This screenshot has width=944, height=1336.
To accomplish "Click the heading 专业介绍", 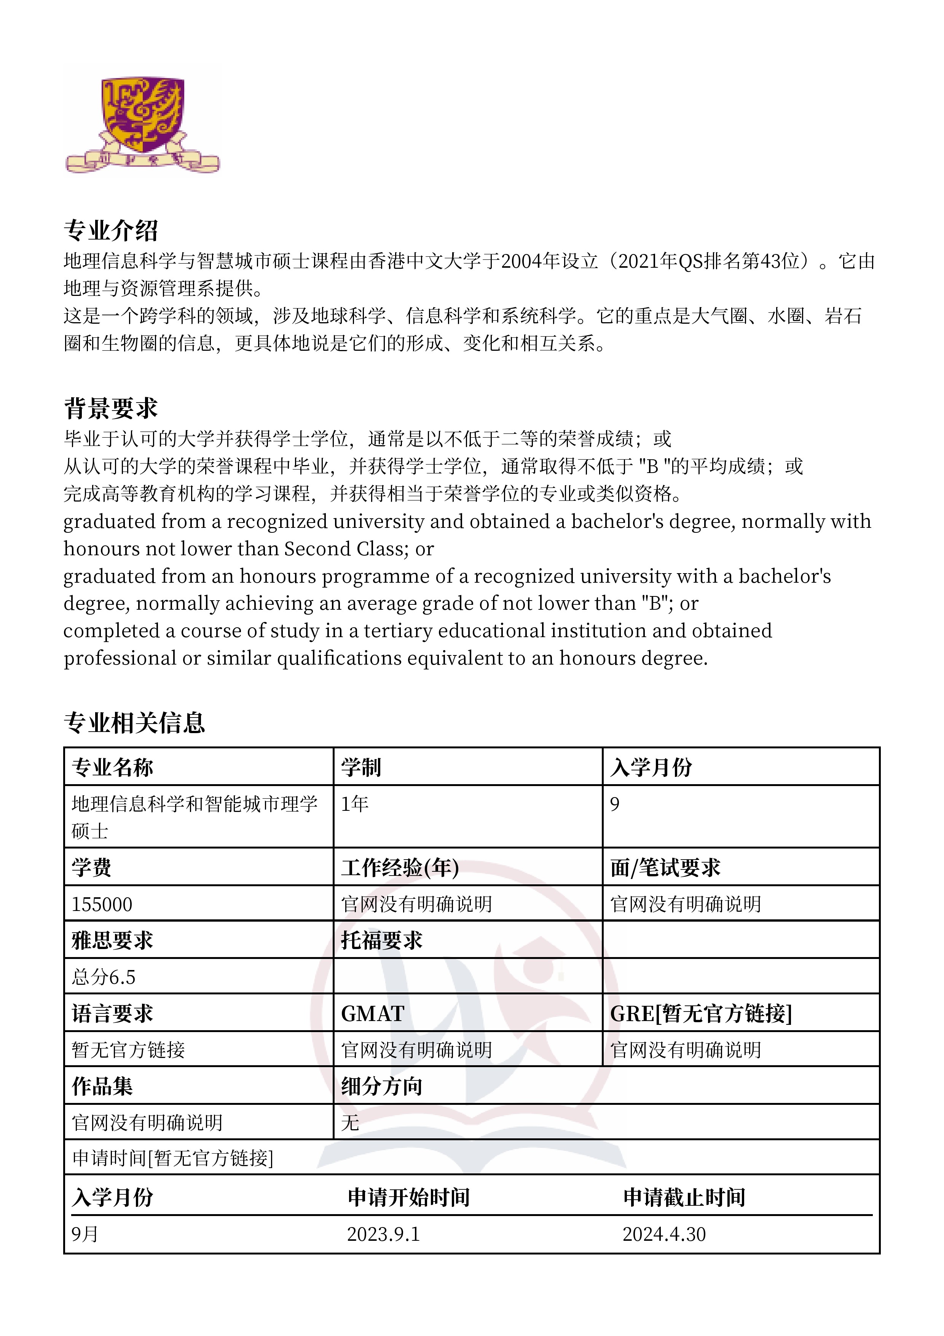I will pyautogui.click(x=110, y=230).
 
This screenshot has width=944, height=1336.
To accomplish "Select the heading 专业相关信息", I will pyautogui.click(x=134, y=723).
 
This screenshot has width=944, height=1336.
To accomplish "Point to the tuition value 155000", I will pyautogui.click(x=102, y=904).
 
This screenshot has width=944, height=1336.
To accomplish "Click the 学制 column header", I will pyautogui.click(x=360, y=767).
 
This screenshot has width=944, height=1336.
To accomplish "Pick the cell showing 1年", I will pyautogui.click(x=355, y=804).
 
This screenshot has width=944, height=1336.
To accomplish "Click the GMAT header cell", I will pyautogui.click(x=372, y=1014).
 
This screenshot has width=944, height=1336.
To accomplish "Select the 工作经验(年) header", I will pyautogui.click(x=400, y=868).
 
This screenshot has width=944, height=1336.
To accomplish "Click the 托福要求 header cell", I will pyautogui.click(x=381, y=940).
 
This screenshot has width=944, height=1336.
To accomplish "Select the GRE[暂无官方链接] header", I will pyautogui.click(x=701, y=1014).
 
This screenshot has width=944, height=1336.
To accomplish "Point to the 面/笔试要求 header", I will pyautogui.click(x=665, y=868).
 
